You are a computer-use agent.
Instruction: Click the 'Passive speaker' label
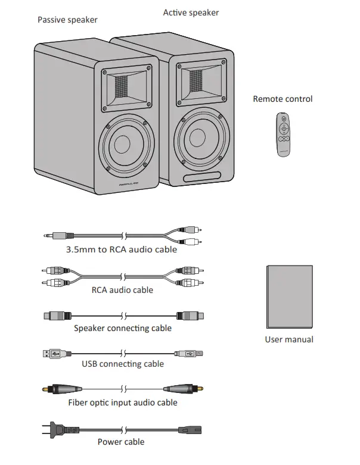point(67,20)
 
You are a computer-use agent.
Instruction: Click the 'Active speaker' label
point(191,13)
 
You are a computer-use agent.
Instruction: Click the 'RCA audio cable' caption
point(122,290)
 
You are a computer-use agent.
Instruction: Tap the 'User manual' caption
point(289,339)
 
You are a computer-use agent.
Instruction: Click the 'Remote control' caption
point(283,99)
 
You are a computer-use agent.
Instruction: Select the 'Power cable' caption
point(121,442)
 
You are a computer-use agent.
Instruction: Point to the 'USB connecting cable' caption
point(122,364)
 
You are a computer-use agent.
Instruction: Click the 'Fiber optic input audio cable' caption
point(122,402)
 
